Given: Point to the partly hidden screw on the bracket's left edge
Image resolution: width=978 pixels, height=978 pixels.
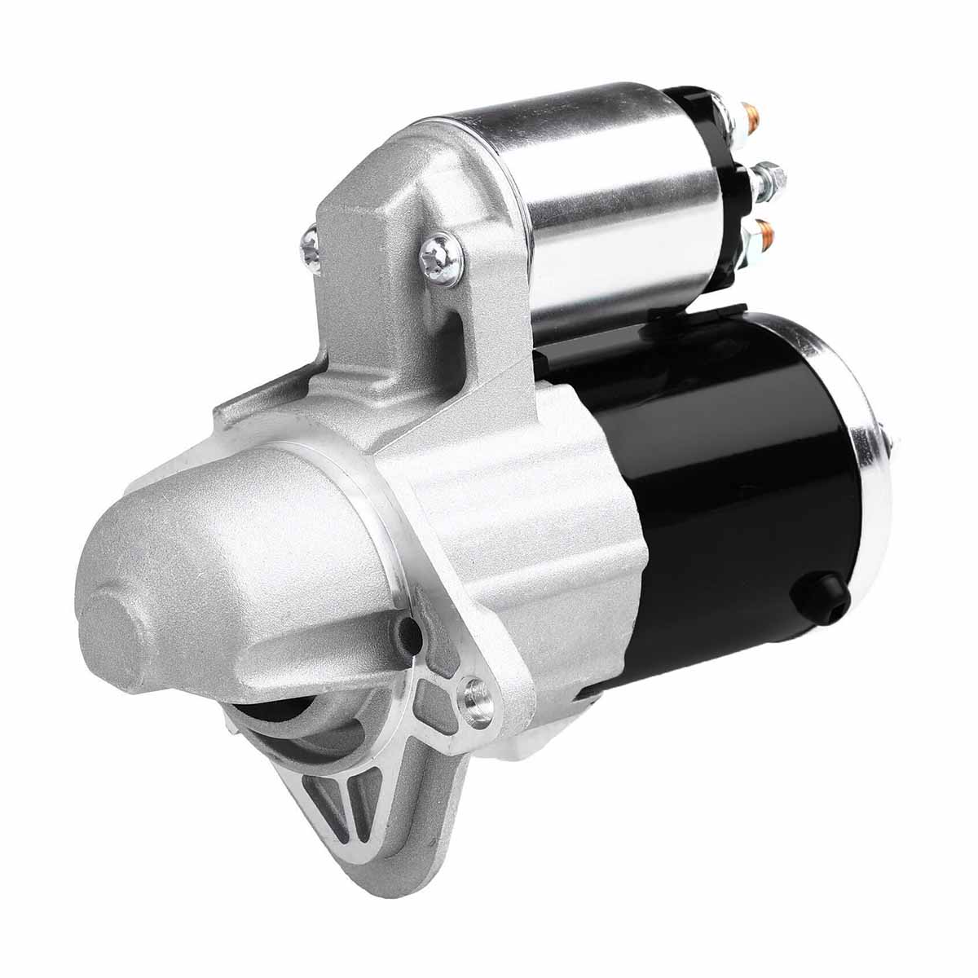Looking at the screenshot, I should (311, 239).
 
